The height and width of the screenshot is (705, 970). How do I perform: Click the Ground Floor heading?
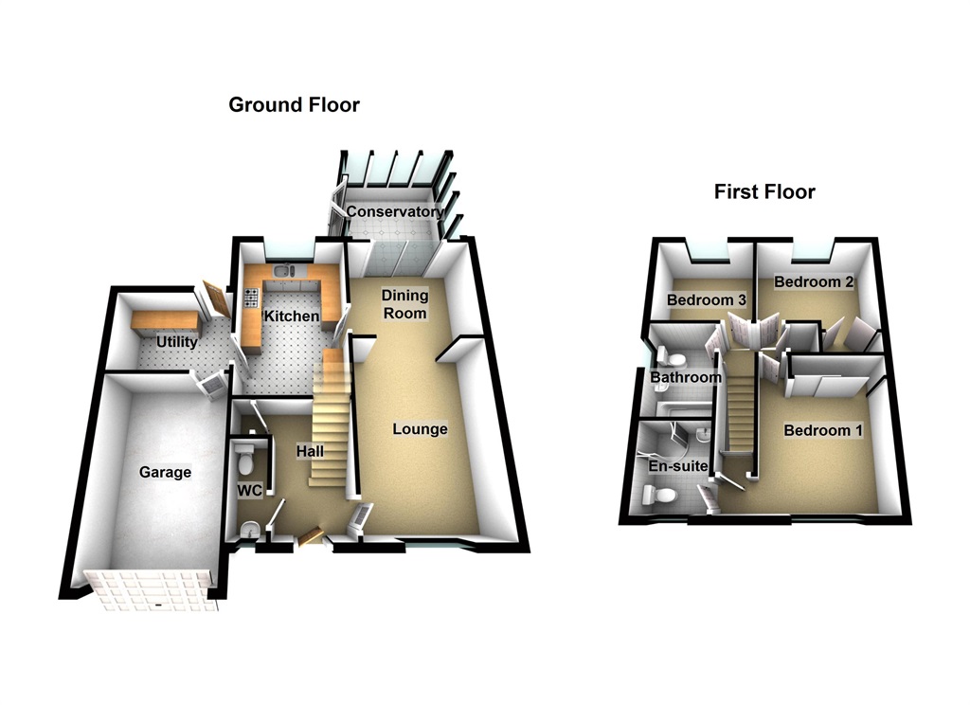click(294, 105)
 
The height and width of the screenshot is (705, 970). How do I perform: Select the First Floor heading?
click(763, 192)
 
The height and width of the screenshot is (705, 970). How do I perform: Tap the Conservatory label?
click(392, 211)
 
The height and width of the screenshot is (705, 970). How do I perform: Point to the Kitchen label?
click(291, 316)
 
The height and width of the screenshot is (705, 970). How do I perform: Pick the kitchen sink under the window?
click(285, 274)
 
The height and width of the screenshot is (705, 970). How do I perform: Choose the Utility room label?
click(176, 341)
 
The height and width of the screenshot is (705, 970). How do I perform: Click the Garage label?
click(165, 472)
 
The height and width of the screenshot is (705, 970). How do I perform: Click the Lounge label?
click(420, 429)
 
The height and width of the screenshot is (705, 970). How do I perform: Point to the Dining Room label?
click(404, 304)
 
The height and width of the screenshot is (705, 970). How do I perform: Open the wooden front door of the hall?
click(309, 537)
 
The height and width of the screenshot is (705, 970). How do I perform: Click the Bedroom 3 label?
click(707, 300)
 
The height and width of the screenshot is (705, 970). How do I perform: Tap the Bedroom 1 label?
click(823, 430)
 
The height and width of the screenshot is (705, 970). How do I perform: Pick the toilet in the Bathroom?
click(674, 357)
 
